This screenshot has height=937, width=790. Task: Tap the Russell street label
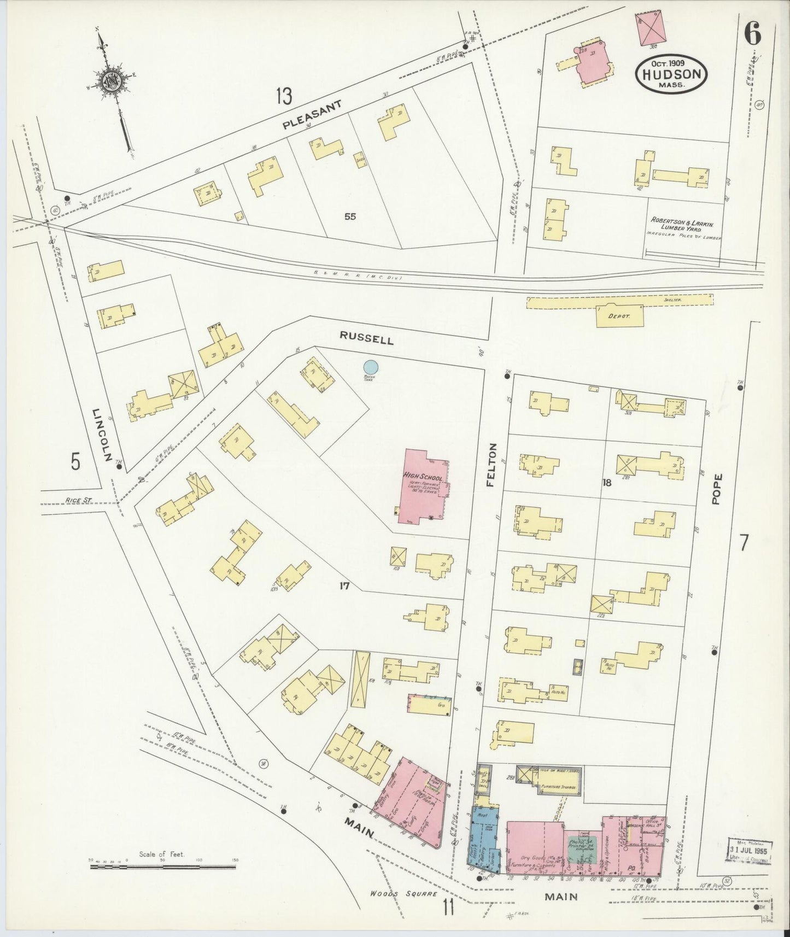pyautogui.click(x=366, y=339)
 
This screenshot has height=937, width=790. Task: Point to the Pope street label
pyautogui.click(x=717, y=488)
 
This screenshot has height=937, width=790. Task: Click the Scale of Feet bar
pyautogui.click(x=162, y=867)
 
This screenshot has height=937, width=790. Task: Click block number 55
pyautogui.click(x=350, y=216)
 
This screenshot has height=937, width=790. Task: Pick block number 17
pyautogui.click(x=344, y=586)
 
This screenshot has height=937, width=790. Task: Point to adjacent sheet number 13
pyautogui.click(x=284, y=97)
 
